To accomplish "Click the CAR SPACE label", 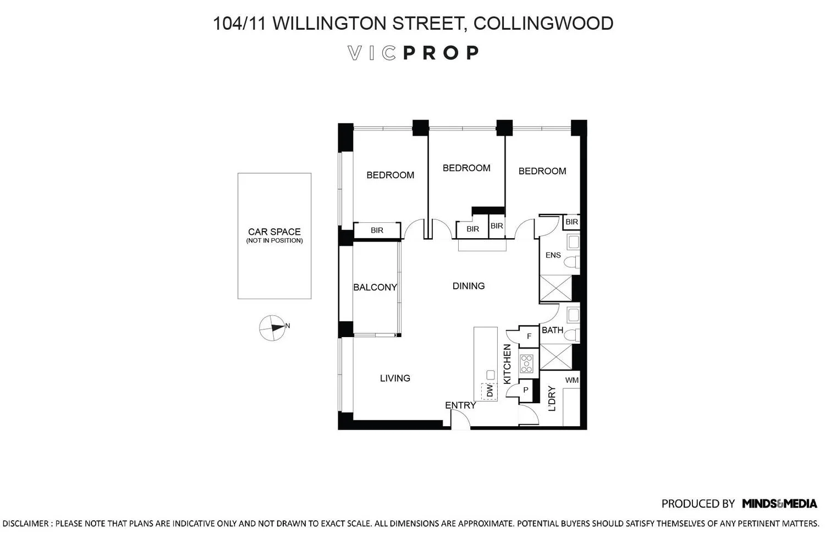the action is point(274,232).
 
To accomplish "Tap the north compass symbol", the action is point(273,327).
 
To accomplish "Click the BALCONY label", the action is point(375,287).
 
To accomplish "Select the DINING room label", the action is point(469,286).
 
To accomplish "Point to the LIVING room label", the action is point(395,378).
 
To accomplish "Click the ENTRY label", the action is point(460,405).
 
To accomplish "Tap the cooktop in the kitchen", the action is point(526,363).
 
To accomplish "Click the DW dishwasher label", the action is point(490,391).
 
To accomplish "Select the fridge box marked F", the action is point(529,337).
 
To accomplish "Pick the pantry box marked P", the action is point(526,391).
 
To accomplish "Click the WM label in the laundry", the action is point(571,380).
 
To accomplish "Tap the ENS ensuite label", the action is point(553,255).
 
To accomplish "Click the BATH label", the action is point(552,330).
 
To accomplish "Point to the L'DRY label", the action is point(551,398).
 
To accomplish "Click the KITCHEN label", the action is point(507,364).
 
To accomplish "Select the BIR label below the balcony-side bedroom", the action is point(377,230).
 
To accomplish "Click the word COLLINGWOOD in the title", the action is point(543,23).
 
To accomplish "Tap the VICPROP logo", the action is point(413,53).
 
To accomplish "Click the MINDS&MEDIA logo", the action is point(779,503).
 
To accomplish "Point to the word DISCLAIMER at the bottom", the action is point(26,524).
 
